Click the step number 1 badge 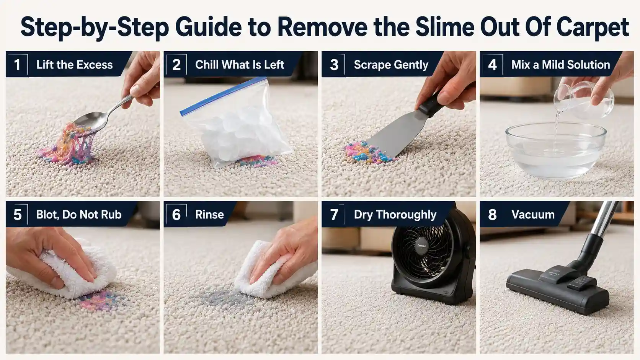(17, 65)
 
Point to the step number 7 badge (334, 215)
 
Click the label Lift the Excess (75, 65)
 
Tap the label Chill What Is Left (240, 65)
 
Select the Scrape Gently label (391, 65)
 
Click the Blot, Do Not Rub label (79, 215)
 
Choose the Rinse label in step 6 (209, 215)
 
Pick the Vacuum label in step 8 (533, 215)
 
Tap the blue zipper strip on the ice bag (223, 96)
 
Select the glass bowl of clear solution (556, 150)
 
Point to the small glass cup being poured (583, 99)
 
